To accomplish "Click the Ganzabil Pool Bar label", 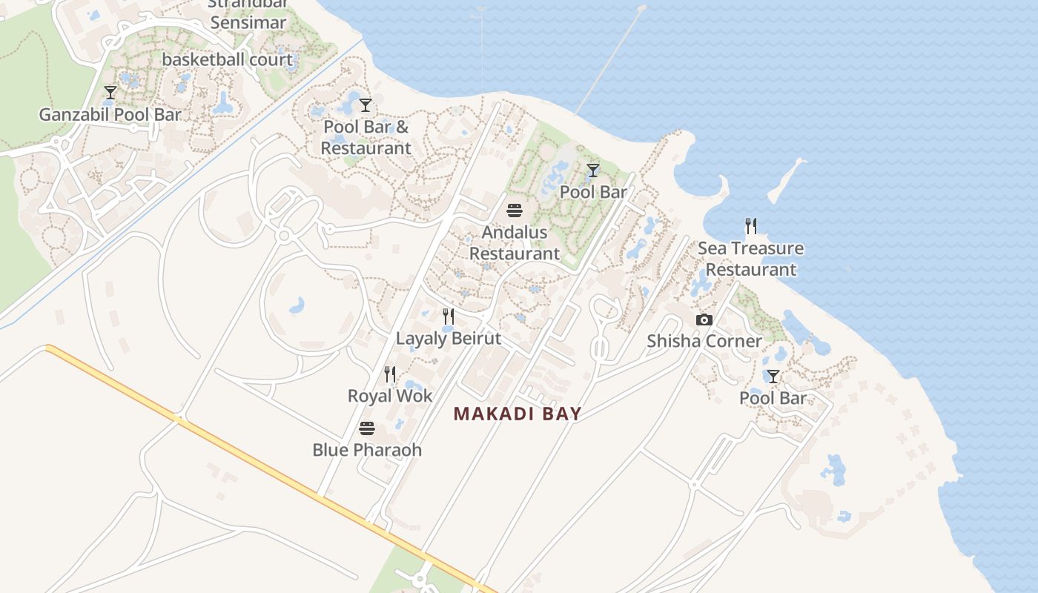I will point(110,115).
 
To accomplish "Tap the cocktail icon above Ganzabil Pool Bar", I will point(110,93).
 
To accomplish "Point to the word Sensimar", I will point(248,23).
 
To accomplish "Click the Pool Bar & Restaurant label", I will point(366,137).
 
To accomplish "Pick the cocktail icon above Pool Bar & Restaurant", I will point(366,105).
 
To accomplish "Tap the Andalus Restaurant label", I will point(515,242).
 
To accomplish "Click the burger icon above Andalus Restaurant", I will point(515,211).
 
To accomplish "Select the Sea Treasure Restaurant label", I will point(750,259).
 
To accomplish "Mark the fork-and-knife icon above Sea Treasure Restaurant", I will point(751,226).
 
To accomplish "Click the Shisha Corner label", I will point(704,341).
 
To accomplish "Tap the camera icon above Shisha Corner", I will point(704,320).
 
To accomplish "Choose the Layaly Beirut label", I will point(449,339).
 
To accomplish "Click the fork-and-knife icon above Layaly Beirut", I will point(449,317).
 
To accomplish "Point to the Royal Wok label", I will point(390,396).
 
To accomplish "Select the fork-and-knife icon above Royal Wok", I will point(390,374).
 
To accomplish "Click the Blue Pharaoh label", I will point(367,450).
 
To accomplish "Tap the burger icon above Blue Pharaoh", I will point(367,428).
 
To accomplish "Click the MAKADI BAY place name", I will point(517,414).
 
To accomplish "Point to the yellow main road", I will point(259,464).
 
